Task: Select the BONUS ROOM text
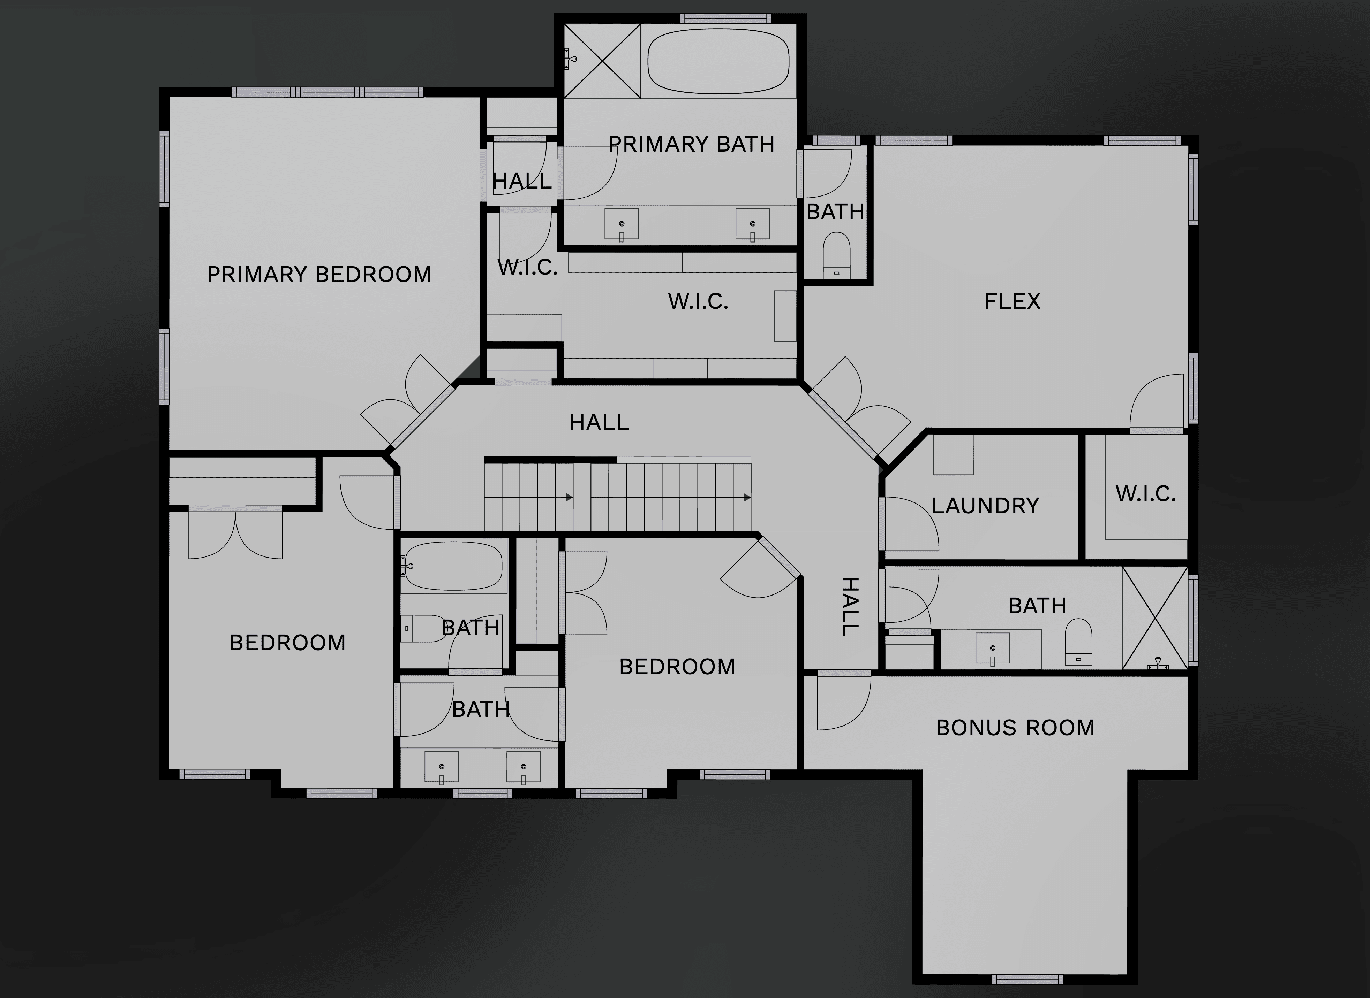click(1015, 728)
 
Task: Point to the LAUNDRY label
click(986, 506)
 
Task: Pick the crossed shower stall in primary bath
click(602, 60)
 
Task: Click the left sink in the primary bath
click(622, 224)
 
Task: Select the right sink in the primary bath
click(753, 224)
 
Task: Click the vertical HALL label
click(850, 607)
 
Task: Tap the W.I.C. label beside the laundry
click(1146, 494)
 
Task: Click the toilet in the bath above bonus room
click(1078, 642)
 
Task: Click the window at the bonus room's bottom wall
click(1027, 979)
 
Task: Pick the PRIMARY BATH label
click(692, 144)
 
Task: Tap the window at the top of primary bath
click(725, 19)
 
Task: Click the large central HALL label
click(599, 422)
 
